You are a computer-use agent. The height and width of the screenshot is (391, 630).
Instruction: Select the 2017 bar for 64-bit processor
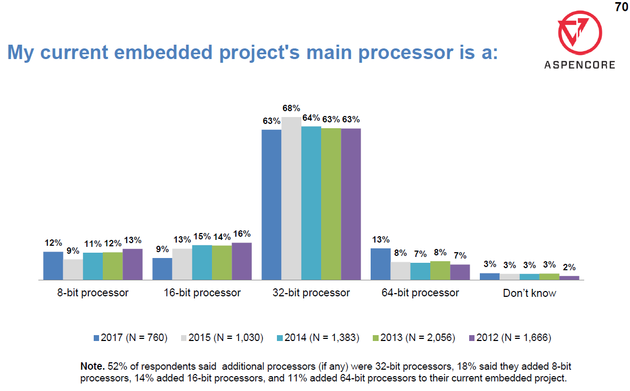tap(380, 264)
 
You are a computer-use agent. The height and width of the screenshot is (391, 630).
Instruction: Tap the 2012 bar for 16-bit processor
tap(242, 261)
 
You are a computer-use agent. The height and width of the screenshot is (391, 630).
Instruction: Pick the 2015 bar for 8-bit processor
tap(73, 269)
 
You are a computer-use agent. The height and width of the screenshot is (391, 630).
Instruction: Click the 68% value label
tap(291, 109)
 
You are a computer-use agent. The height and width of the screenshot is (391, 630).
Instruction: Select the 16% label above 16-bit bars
tap(242, 234)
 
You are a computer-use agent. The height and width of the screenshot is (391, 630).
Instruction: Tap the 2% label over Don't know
tap(569, 267)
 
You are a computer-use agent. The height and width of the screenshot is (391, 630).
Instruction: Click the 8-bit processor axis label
tap(93, 293)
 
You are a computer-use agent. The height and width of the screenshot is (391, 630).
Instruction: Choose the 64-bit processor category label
tap(420, 293)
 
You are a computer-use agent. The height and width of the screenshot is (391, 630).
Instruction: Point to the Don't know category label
tap(529, 293)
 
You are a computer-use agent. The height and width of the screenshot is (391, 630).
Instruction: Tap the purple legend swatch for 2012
tap(471, 337)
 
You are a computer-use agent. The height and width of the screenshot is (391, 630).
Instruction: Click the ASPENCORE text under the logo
tap(579, 65)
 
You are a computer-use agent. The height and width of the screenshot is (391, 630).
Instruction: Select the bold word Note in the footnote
tap(93, 367)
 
